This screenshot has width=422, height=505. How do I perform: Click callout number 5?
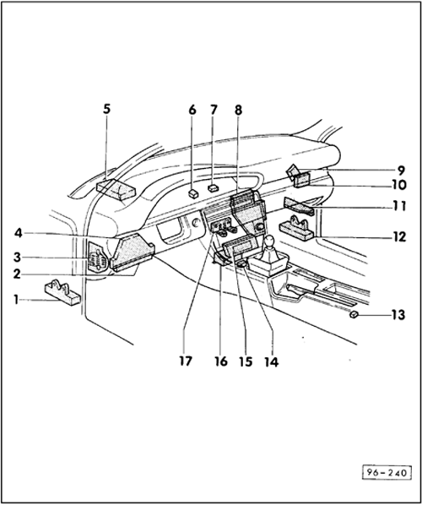point(106,109)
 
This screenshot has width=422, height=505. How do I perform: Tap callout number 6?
point(192,110)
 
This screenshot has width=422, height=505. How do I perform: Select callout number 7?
point(214,110)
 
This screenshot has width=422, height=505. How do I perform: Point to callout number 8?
point(238,110)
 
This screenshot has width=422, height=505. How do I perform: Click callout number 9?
point(400,171)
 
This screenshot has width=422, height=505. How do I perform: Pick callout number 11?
point(399,206)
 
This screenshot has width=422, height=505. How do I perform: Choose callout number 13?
point(398,315)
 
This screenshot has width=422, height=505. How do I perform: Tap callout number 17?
point(186,361)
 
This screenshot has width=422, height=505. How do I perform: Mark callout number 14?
point(272,362)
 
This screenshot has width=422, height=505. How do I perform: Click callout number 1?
point(16,300)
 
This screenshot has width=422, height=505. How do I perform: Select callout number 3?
point(17,258)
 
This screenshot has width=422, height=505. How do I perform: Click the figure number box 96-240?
point(387,472)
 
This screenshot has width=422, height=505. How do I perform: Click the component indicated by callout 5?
point(116,190)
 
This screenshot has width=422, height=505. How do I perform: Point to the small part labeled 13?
point(354,314)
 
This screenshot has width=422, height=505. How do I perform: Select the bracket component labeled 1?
point(62,293)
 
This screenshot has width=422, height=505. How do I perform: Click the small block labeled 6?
point(193,194)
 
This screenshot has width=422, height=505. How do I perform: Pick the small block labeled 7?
point(213,188)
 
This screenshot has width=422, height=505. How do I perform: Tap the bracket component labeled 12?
point(296,229)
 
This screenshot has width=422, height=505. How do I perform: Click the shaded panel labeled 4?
point(132,252)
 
